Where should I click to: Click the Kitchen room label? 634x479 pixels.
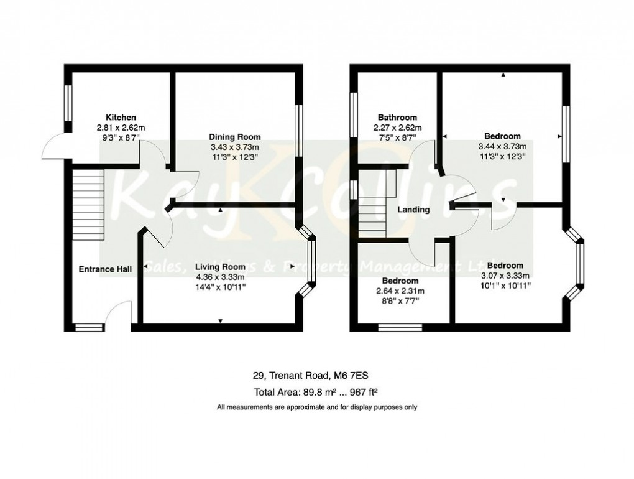[121, 118]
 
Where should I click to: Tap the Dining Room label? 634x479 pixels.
[234, 137]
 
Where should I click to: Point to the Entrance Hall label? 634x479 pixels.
[105, 269]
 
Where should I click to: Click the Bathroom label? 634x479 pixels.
[397, 118]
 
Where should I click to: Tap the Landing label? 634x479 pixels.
[413, 210]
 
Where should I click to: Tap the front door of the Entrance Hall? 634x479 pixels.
[118, 314]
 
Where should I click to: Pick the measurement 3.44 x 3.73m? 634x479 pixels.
[503, 147]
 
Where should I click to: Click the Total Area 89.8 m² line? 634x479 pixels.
[316, 393]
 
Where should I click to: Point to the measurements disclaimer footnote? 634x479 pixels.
[316, 407]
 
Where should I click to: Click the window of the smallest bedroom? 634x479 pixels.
[400, 326]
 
